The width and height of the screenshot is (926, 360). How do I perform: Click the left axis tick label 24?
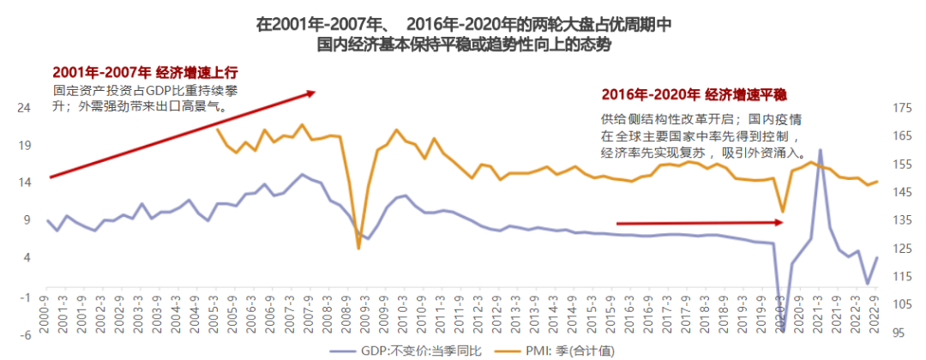tap(25, 108)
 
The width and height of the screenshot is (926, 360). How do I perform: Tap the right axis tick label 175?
tap(900, 108)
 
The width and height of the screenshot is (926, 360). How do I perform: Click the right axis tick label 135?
tap(900, 220)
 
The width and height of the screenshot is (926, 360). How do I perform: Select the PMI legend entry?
tap(549, 350)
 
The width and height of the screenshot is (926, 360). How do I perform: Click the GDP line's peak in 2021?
tap(821, 150)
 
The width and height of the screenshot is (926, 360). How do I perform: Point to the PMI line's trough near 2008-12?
tap(358, 248)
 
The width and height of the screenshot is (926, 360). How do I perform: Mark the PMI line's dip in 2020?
tap(782, 211)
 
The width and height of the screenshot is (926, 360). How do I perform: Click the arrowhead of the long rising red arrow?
tap(314, 93)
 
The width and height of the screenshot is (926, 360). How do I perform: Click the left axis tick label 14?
tap(25, 183)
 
